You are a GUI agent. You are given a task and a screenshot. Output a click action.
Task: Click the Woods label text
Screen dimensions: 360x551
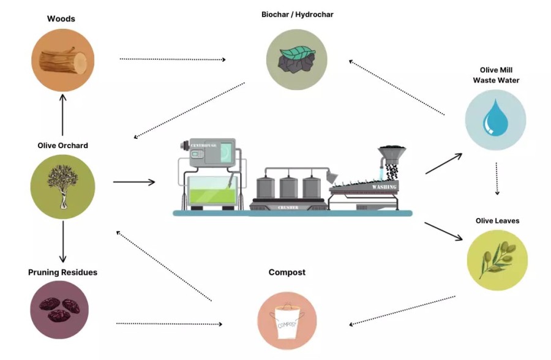[x=61, y=18]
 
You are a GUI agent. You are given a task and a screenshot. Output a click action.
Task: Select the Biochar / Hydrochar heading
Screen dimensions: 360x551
[x=298, y=14]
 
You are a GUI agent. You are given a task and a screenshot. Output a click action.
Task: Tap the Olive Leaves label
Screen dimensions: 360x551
[x=497, y=220]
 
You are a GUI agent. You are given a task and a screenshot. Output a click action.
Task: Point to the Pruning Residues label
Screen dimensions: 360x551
[x=62, y=272]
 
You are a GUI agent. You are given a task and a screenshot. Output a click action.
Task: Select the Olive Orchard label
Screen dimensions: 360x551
[x=62, y=146]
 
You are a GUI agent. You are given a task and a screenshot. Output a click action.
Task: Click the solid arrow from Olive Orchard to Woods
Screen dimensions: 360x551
[x=62, y=113]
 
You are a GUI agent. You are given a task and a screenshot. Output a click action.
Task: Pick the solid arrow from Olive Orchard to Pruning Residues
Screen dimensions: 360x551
[x=62, y=241]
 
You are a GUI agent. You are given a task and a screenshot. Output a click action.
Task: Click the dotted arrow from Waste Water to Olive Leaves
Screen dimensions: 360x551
[x=497, y=178]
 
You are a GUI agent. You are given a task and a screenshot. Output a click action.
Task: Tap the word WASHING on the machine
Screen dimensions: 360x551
[x=384, y=187]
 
